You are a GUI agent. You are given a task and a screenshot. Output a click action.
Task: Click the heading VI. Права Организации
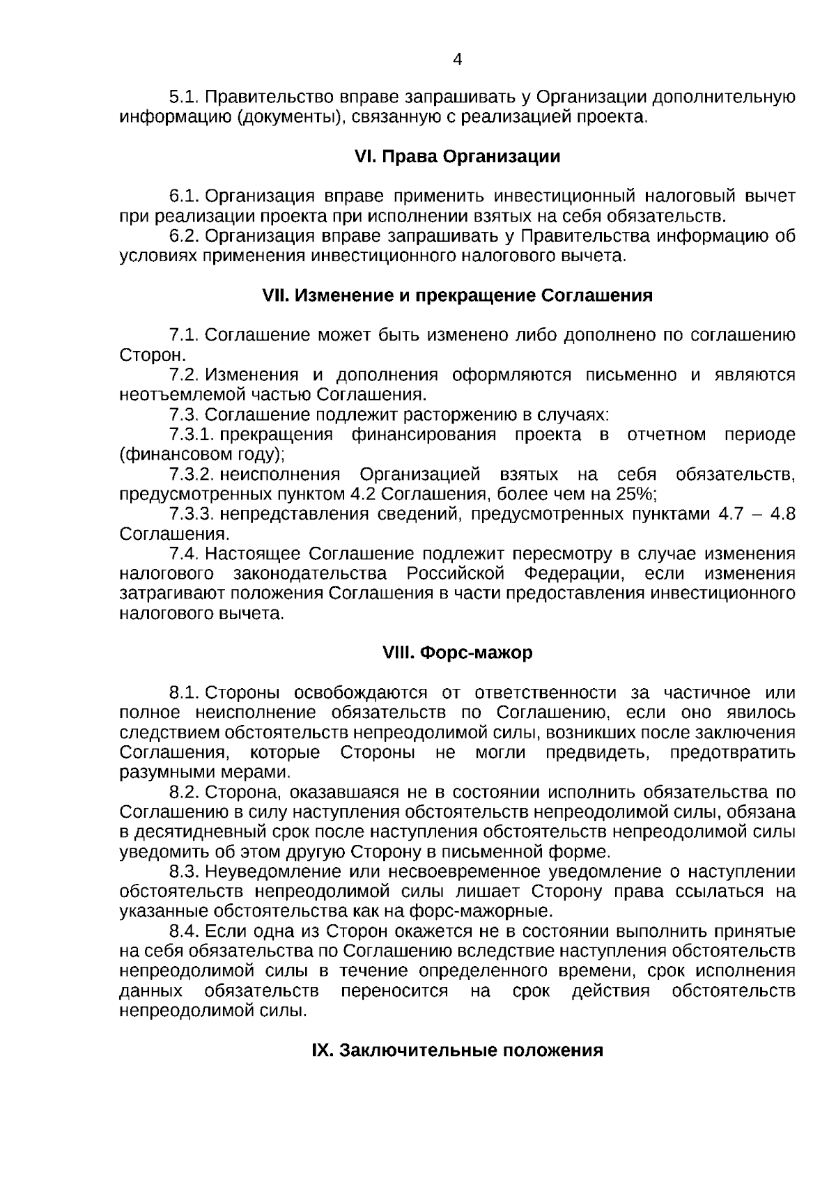pos(457,157)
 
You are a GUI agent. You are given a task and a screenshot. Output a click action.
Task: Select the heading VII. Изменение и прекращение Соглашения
pos(457,296)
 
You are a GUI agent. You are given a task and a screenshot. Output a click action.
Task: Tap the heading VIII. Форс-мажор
pos(457,653)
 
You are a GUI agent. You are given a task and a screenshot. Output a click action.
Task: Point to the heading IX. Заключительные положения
pos(457,1051)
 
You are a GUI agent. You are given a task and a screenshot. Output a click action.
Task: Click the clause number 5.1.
pos(185,97)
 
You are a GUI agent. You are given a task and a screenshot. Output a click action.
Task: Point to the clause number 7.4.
pos(185,554)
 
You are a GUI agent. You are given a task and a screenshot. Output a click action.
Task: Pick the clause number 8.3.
pos(185,872)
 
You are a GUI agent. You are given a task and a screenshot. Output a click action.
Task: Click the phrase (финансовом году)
pos(202,455)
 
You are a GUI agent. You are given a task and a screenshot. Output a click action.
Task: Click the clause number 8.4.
pos(185,932)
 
